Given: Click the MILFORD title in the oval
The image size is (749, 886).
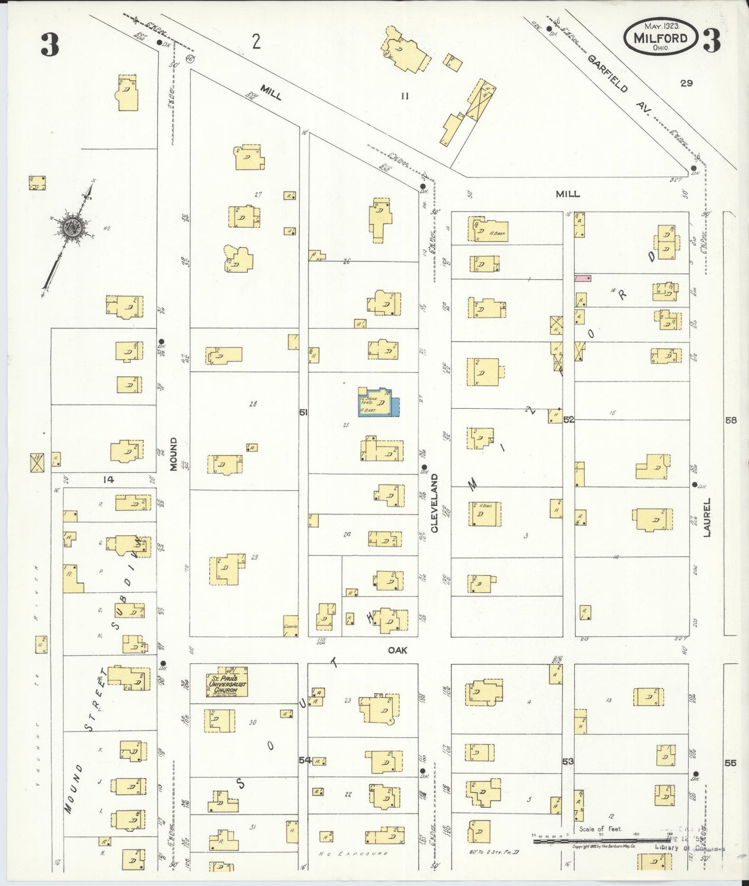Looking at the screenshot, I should coord(660,38).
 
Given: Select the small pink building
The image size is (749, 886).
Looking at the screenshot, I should coord(583,278).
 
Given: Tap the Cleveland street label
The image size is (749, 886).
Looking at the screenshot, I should coord(434,503).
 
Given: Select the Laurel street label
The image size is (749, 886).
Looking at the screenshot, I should coord(708,517).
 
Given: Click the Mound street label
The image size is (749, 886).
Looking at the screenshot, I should coord(174,454).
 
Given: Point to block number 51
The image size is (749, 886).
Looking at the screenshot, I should coord(303,412).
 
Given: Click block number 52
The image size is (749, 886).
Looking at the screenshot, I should coord(569,419).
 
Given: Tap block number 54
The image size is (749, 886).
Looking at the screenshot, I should coord(305,760).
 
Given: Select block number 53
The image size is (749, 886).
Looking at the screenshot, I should coord(568,761).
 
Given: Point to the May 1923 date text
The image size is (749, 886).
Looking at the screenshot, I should coord(662,25).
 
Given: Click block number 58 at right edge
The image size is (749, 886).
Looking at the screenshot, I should coord(731,420).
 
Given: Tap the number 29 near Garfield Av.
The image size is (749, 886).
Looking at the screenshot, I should coord(686,83).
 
